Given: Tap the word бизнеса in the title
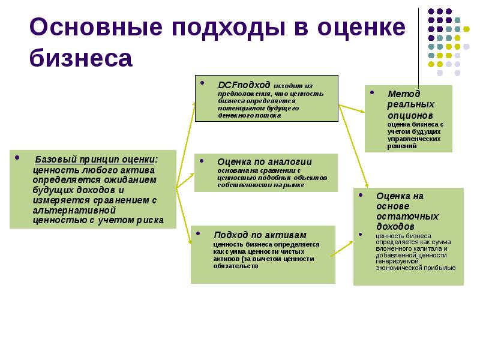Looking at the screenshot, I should [x=80, y=58].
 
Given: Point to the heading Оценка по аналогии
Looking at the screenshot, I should [x=264, y=162].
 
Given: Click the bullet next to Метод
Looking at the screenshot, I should [x=373, y=93].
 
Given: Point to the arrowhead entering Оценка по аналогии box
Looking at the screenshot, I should [x=192, y=173].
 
